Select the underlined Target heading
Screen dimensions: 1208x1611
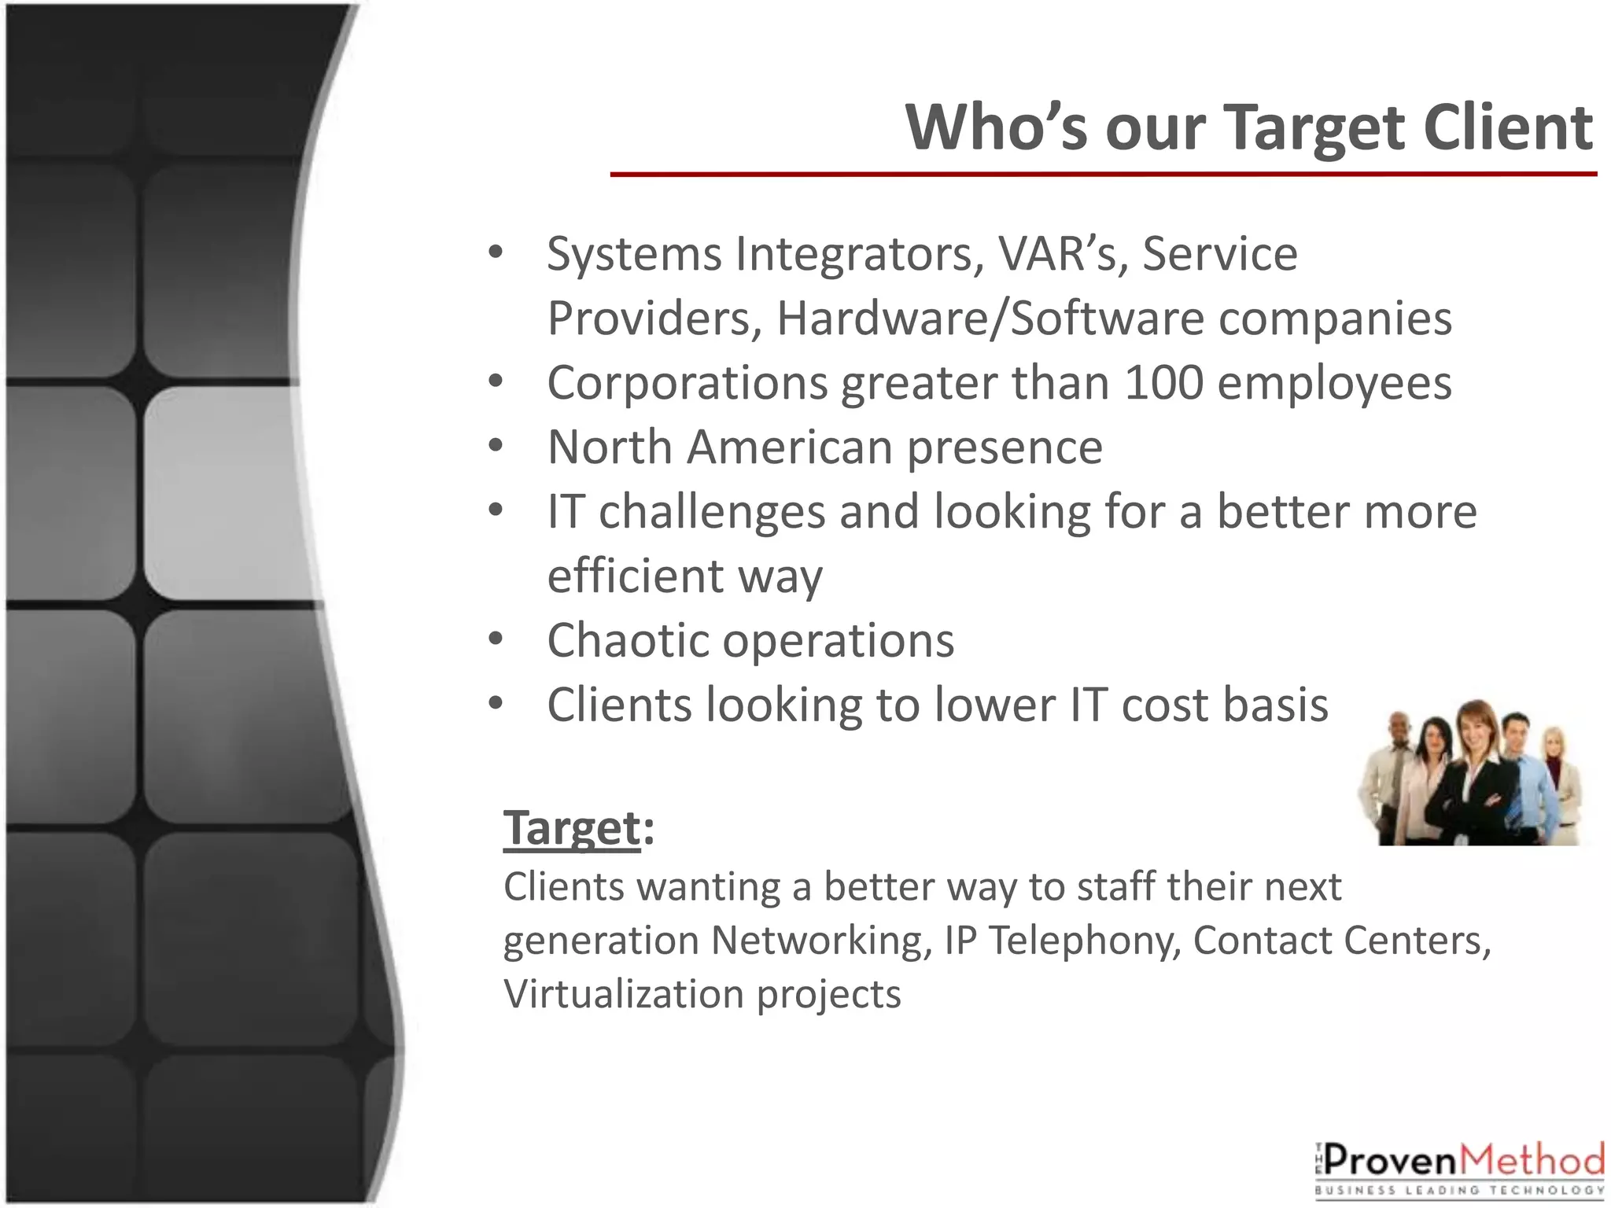[572, 828]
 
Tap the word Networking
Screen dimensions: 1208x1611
[816, 941]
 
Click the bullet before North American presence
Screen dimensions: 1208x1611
[495, 447]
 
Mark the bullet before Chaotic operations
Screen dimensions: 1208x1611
[495, 639]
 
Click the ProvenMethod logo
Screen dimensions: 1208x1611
[1459, 1160]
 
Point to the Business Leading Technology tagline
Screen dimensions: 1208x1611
[1459, 1190]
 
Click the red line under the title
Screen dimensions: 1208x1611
[1103, 174]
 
